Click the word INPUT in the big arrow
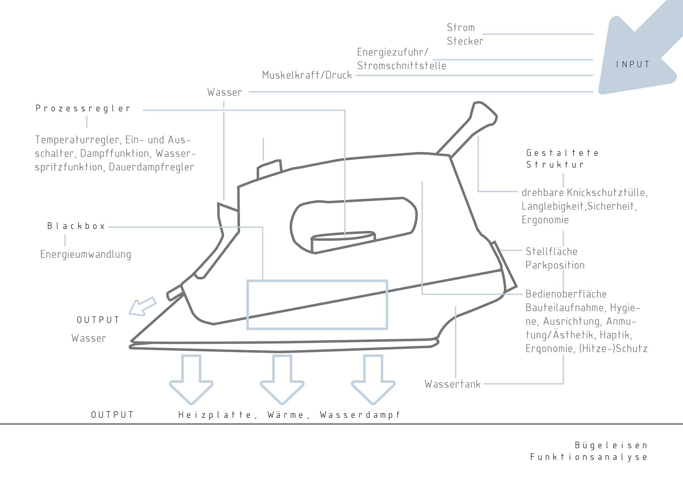633,64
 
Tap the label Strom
461,27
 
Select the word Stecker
465,41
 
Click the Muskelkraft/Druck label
307,75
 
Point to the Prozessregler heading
83,108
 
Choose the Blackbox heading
76,226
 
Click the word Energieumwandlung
86,254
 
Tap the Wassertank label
452,384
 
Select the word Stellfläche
551,251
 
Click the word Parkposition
555,265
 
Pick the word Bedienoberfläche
566,294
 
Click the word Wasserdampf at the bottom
360,415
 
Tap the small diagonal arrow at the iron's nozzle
142,306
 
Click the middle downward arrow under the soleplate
282,379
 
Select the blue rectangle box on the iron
317,305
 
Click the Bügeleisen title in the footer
611,445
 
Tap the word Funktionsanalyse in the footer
588,457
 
